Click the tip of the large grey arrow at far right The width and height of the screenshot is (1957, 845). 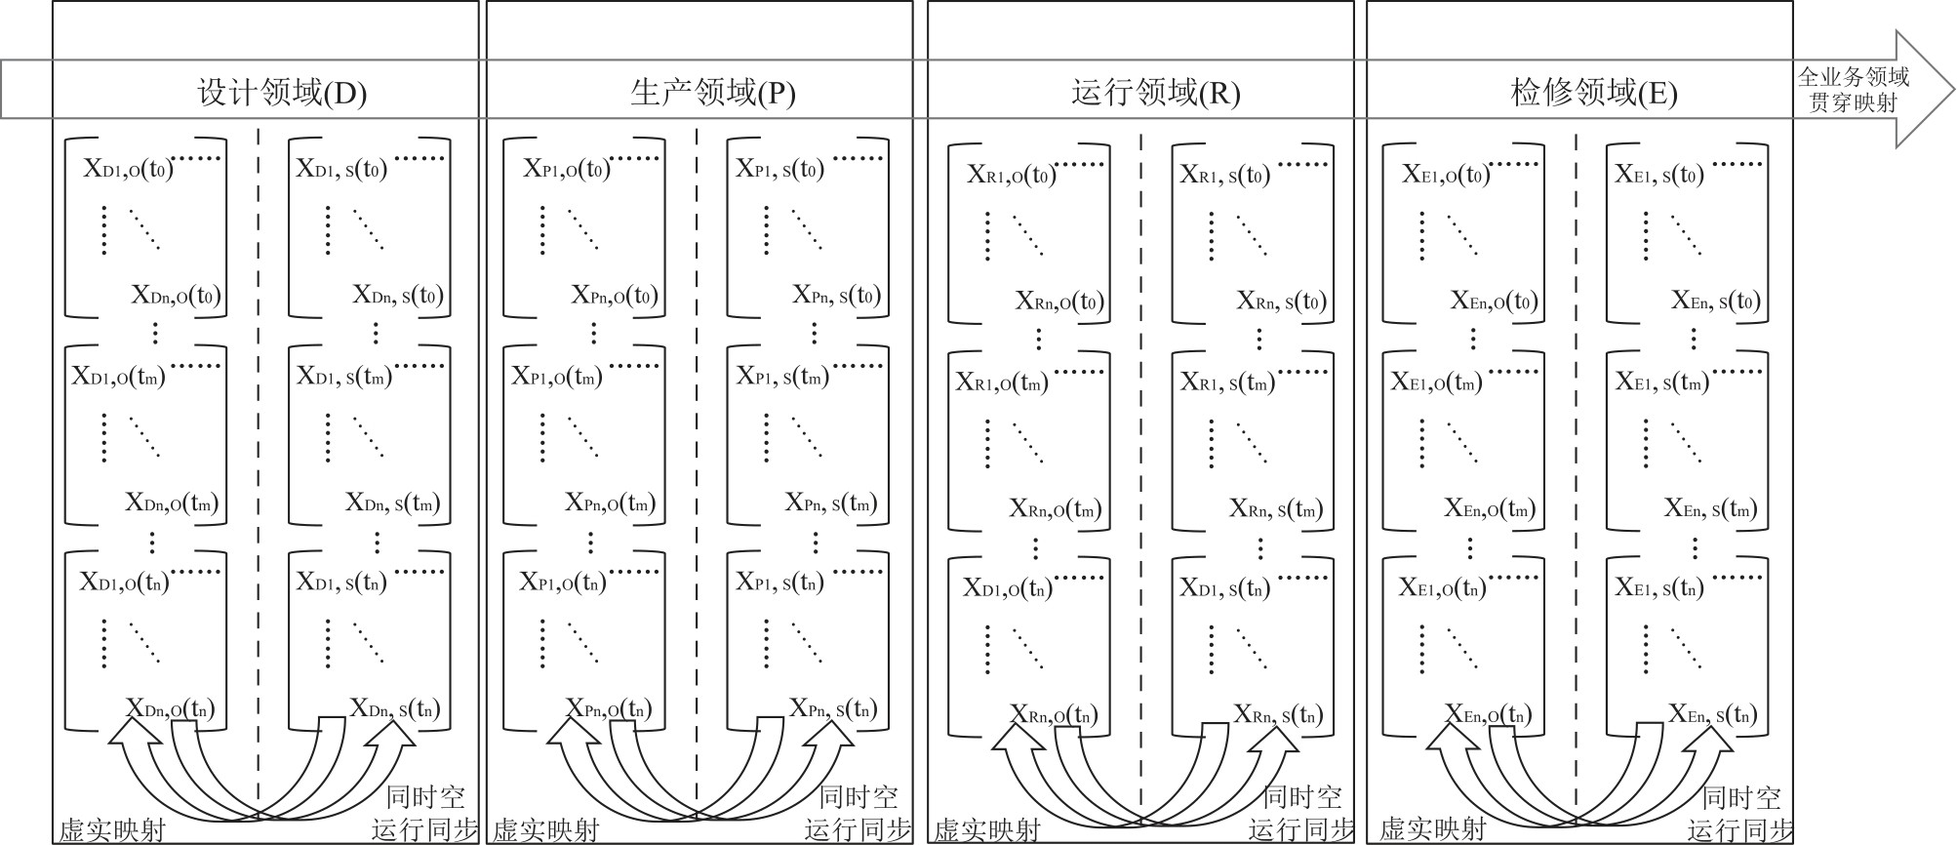(1954, 90)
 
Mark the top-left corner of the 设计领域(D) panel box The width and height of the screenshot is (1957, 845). (53, 1)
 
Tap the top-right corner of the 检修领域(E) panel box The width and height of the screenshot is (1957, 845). (1792, 1)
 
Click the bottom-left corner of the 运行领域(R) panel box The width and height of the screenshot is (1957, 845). (928, 843)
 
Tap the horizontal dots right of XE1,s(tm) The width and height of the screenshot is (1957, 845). (1737, 372)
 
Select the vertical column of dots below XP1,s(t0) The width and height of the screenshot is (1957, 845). (767, 230)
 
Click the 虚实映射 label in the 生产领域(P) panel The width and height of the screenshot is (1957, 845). (545, 830)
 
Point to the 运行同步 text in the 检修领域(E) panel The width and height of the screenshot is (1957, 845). (1740, 830)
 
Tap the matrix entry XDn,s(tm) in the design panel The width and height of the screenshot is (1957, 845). (393, 503)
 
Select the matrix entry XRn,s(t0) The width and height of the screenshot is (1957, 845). (1282, 301)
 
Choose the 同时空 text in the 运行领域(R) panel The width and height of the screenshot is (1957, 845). (1302, 797)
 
